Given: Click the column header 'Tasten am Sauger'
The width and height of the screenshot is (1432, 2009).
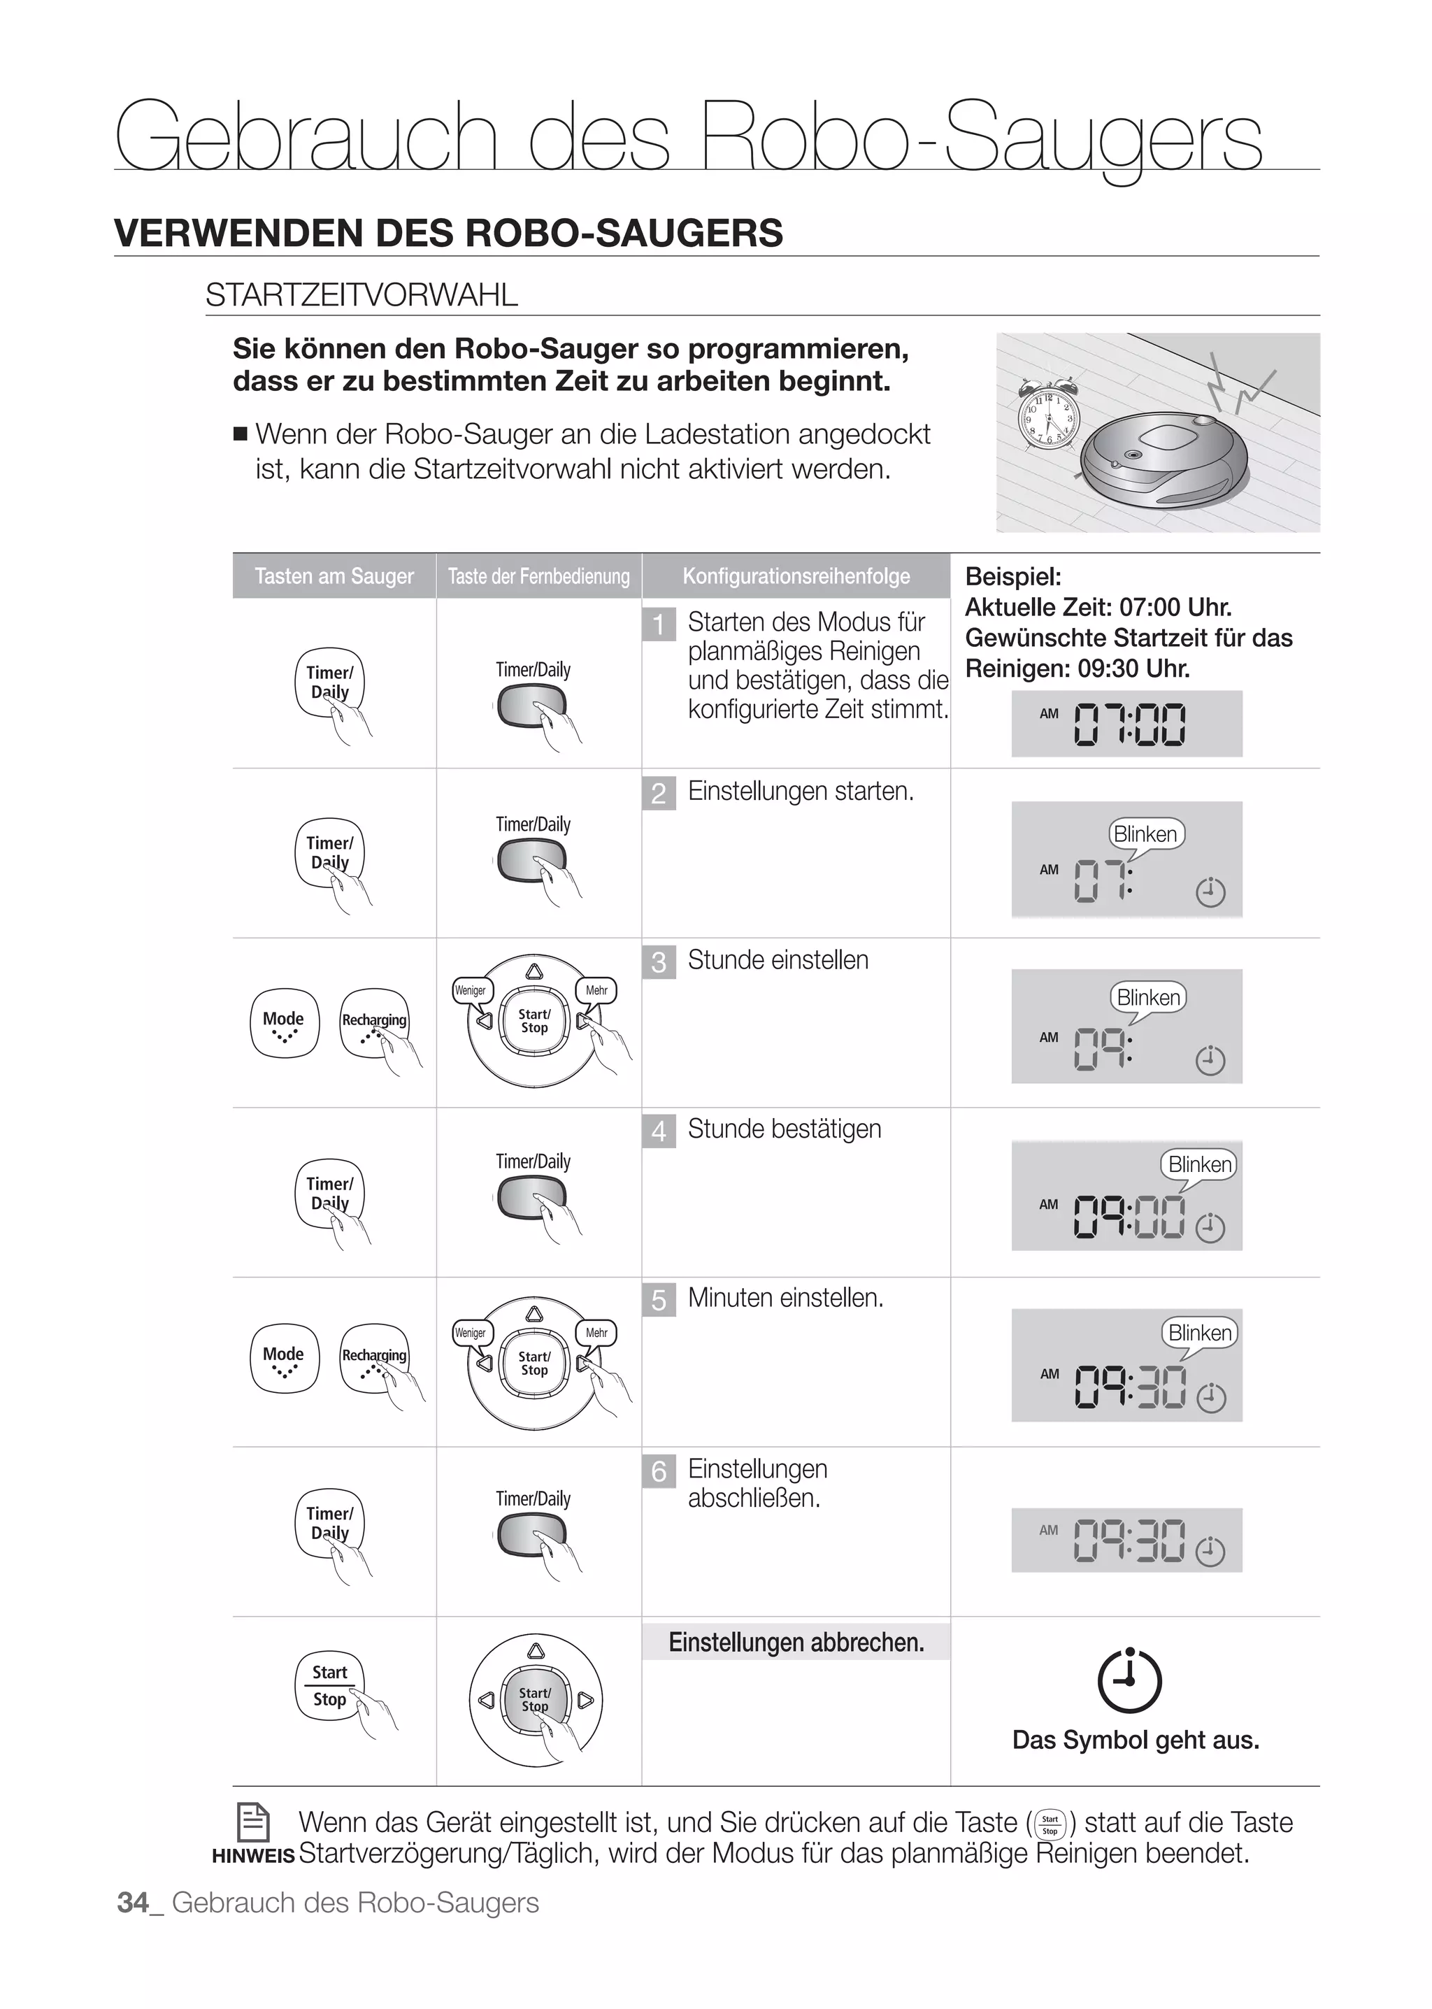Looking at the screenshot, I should (334, 576).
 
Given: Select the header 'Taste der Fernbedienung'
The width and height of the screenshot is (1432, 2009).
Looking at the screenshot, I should (539, 576).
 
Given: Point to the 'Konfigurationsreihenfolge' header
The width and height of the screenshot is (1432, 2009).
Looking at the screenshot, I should (795, 576).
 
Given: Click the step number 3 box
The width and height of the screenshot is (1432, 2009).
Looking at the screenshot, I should (659, 961).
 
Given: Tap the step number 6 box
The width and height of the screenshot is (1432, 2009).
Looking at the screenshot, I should (659, 1470).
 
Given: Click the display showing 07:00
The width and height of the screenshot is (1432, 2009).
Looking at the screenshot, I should (1126, 724).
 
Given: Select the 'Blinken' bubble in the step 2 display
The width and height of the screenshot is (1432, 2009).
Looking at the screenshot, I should (1145, 834).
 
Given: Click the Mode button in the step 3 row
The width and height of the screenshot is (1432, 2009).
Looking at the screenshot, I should (284, 1023).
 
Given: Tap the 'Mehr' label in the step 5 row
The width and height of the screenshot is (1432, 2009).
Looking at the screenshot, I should (596, 1333).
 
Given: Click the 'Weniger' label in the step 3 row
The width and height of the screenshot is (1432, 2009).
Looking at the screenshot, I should (470, 990).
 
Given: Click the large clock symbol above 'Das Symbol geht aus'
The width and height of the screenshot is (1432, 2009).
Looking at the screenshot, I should (1129, 1680).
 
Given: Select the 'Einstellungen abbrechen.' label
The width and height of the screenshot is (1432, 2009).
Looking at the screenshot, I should (795, 1642).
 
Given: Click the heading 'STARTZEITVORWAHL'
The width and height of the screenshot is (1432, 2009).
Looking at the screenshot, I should (361, 294).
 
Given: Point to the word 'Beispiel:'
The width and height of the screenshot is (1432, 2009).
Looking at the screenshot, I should (1013, 577).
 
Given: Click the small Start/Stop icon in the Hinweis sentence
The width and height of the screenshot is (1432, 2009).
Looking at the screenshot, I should (1050, 1824).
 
